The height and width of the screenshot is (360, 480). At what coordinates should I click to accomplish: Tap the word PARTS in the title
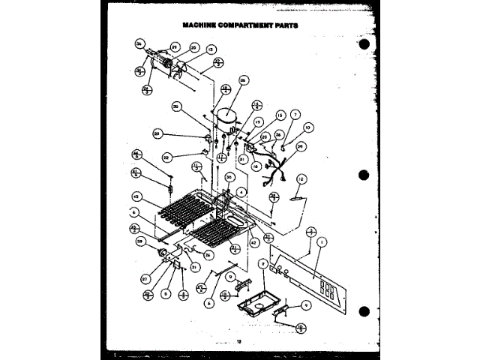[283, 25]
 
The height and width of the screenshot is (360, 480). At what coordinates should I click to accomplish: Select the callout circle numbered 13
[201, 49]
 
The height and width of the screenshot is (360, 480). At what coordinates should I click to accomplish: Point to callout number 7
[295, 114]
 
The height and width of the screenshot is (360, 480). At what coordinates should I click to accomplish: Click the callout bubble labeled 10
[308, 127]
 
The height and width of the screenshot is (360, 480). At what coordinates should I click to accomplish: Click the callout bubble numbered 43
[137, 196]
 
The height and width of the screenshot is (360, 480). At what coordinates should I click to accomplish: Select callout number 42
[254, 241]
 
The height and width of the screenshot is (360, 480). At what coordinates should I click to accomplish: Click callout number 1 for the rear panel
[321, 242]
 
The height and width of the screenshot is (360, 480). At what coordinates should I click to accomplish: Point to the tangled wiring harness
[274, 172]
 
